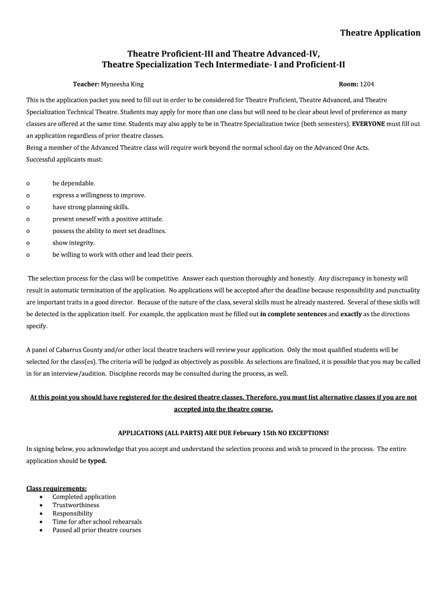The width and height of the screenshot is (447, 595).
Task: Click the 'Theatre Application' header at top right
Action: coord(380,33)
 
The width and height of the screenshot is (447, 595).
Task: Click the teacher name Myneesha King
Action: coord(122,84)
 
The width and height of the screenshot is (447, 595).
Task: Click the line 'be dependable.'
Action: coord(74,183)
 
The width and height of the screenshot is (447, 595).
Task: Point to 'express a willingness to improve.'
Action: coord(99,195)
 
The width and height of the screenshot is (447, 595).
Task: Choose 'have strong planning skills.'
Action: coord(91,207)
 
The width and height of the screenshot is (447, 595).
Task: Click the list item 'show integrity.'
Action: coord(73,243)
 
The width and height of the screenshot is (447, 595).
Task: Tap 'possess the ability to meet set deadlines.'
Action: coord(109,231)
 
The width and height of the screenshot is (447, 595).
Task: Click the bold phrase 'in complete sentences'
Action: coord(293,314)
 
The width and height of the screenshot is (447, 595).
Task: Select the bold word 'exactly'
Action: coord(351,314)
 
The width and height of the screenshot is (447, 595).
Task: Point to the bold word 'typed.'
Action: coord(98,461)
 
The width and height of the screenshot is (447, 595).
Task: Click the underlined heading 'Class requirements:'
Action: coord(57,489)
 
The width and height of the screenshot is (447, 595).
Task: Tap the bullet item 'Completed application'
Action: coord(84,497)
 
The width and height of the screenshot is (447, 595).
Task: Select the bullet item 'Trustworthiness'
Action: coord(75,505)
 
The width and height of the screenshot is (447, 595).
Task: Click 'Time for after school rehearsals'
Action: coord(97,522)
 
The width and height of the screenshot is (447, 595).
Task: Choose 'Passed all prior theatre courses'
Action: coord(96,530)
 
